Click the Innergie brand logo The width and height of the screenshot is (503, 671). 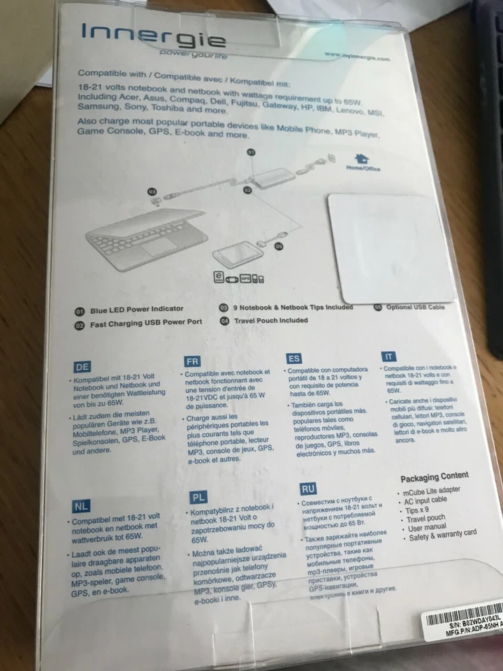coord(153,36)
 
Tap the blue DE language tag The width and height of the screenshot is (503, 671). coord(82,366)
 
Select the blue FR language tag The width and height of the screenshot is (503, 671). coord(192,361)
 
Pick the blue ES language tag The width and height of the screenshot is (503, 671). coord(294,358)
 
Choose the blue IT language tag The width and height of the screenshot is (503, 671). coord(388,356)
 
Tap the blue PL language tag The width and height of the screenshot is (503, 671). coord(198,498)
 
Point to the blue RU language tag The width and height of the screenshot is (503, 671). coord(308,489)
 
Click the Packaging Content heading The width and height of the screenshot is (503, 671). coord(434,477)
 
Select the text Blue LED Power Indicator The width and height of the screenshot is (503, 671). coord(137,309)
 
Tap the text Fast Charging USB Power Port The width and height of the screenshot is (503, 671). coord(146,324)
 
